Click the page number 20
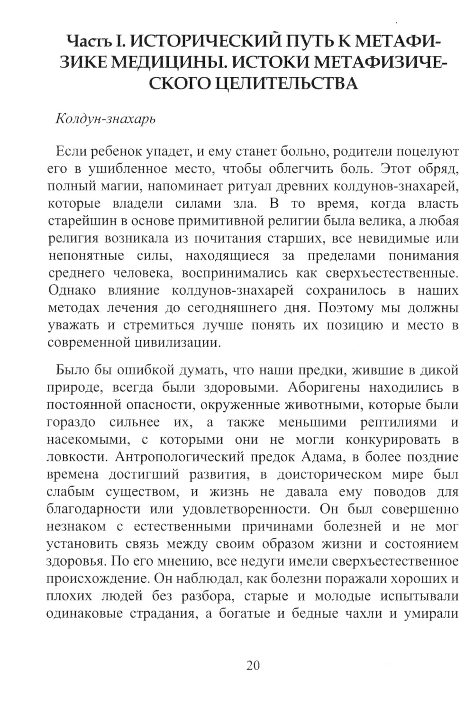click(253, 666)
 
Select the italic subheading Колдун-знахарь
click(106, 118)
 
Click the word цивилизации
click(185, 342)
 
